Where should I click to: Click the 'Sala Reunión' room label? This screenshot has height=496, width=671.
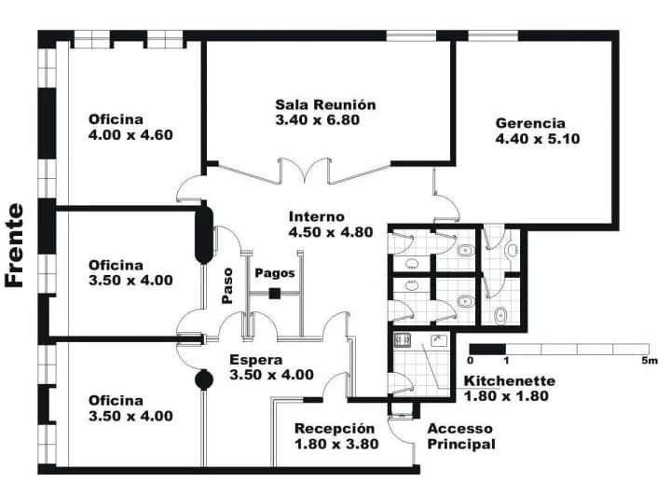coord(325,105)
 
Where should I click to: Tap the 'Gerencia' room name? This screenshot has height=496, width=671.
coord(529,123)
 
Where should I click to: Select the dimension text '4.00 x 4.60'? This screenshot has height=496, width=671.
coord(130,134)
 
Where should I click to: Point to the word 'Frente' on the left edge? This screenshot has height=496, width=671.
coord(14,245)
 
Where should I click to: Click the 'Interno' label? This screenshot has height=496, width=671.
coord(316,216)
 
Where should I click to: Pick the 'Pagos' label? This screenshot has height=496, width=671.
coord(275,273)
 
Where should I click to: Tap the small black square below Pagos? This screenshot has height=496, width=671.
coord(274,294)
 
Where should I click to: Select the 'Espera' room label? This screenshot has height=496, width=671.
coord(255,359)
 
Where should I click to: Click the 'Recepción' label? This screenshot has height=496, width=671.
coord(336,428)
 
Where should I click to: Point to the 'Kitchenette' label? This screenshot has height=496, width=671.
coord(509,380)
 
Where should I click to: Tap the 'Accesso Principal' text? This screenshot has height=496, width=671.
coord(460,436)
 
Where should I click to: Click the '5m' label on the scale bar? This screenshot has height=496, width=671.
coord(650,361)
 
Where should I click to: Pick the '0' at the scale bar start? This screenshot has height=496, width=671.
coord(471,361)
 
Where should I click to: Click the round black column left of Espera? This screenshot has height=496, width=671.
coord(202,379)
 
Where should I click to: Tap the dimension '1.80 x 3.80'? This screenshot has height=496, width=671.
coord(336,444)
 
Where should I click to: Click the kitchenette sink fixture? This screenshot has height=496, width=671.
coord(404,340)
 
